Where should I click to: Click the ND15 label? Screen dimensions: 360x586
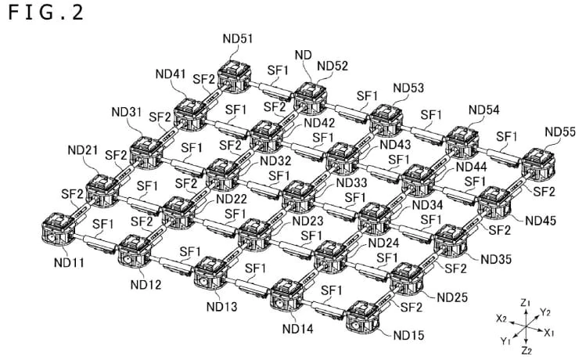pyautogui.click(x=409, y=336)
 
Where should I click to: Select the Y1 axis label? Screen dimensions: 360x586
pyautogui.click(x=505, y=341)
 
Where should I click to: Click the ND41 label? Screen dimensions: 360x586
pyautogui.click(x=171, y=74)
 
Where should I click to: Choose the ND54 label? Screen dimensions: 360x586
pyautogui.click(x=484, y=111)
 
